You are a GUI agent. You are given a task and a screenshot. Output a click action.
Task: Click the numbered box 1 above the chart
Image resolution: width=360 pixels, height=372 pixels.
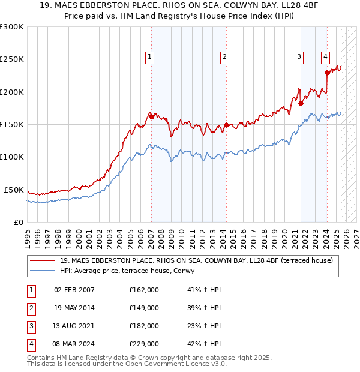coord(149,57)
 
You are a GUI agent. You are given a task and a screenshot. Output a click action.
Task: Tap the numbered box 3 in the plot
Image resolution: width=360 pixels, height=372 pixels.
coord(299,57)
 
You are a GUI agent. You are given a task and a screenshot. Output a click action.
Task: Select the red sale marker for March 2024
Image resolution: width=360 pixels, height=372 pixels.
coord(327,73)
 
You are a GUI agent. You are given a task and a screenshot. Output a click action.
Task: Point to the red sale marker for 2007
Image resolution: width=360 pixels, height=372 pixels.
coord(152,116)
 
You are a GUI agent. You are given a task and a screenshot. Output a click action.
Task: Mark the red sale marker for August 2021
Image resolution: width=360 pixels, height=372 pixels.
coord(301,103)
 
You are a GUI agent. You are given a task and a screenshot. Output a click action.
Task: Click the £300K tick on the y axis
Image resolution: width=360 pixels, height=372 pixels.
coord(12,27)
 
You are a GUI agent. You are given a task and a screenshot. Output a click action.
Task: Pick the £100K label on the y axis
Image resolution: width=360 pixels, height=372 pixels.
coord(12,157)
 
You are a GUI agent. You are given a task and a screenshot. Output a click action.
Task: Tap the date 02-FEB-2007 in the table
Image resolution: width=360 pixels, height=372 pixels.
coord(74,290)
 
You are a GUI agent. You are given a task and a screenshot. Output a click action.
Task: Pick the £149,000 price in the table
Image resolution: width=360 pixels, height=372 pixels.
coord(144,308)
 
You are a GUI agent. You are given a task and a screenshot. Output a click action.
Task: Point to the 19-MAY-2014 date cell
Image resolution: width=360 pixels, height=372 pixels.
coord(74,308)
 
